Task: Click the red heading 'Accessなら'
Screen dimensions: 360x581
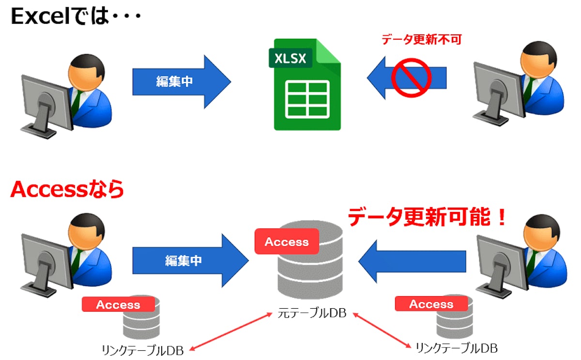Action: point(67,190)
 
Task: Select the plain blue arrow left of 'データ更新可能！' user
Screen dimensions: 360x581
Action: point(412,261)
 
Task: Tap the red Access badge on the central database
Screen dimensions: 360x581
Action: point(287,241)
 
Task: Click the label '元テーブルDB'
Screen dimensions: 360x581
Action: point(312,313)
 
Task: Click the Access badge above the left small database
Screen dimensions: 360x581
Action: point(118,304)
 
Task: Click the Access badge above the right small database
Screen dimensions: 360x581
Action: point(431,304)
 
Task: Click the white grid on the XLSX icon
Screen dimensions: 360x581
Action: point(307,99)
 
